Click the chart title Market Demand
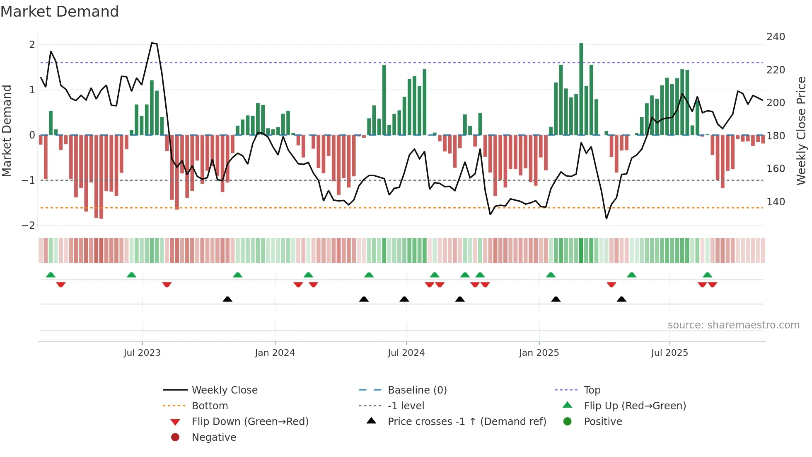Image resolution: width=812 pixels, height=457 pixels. pyautogui.click(x=60, y=12)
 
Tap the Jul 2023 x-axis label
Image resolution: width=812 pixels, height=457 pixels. pyautogui.click(x=142, y=353)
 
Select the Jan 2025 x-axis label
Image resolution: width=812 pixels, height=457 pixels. pyautogui.click(x=539, y=353)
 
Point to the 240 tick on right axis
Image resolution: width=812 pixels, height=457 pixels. pyautogui.click(x=776, y=37)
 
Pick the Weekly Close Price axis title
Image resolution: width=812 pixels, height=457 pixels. pyautogui.click(x=801, y=131)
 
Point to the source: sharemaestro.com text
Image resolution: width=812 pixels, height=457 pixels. pyautogui.click(x=733, y=325)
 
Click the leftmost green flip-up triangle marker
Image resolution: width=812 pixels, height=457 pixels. pyautogui.click(x=51, y=275)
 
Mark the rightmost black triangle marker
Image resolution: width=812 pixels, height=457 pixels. pyautogui.click(x=621, y=299)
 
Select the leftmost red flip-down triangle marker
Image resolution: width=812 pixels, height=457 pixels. pyautogui.click(x=61, y=284)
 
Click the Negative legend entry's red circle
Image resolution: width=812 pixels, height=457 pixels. pyautogui.click(x=175, y=438)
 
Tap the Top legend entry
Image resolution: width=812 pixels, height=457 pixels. pyautogui.click(x=592, y=390)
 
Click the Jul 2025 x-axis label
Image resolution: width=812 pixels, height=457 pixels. pyautogui.click(x=669, y=353)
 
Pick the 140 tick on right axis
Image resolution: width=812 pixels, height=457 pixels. pyautogui.click(x=776, y=202)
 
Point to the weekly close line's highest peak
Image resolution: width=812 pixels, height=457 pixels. pyautogui.click(x=152, y=43)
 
